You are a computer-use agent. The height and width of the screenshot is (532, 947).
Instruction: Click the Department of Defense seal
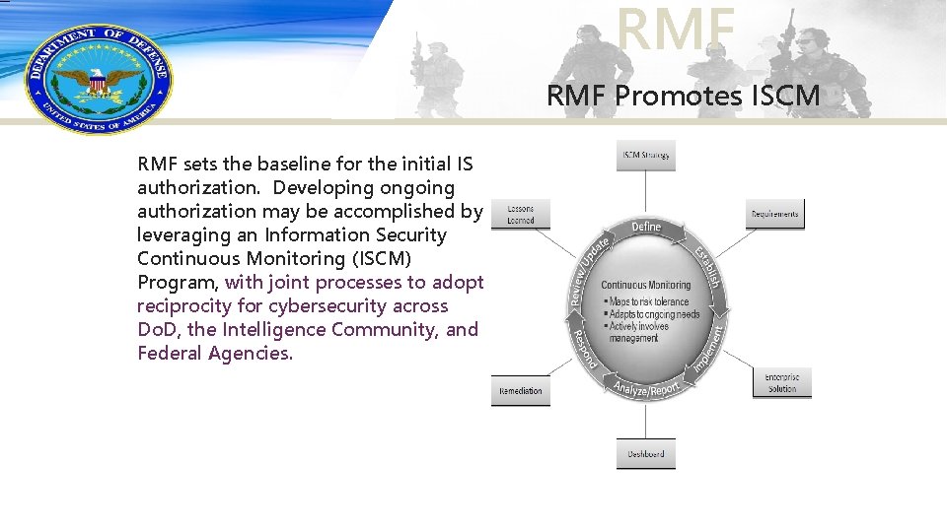click(97, 77)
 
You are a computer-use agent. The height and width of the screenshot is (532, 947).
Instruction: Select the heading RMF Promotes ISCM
click(684, 96)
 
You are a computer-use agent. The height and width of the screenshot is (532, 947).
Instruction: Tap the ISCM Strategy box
click(646, 156)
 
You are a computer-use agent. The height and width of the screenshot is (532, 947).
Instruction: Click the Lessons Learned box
click(520, 215)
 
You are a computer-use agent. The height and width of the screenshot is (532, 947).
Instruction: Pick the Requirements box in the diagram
click(774, 214)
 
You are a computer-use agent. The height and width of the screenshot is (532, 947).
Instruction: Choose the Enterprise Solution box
click(781, 383)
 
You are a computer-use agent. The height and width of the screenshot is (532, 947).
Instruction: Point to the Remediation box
click(520, 391)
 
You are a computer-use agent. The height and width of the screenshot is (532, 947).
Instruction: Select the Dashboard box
click(646, 454)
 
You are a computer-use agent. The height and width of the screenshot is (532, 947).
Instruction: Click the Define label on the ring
click(646, 228)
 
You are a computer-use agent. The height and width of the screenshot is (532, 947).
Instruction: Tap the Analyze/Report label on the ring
click(647, 389)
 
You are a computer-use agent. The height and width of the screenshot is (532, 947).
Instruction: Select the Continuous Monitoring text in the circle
click(646, 286)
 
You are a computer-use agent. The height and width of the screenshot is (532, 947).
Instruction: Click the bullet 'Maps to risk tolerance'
click(649, 301)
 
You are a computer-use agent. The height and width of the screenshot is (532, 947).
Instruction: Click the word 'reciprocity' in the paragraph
click(182, 305)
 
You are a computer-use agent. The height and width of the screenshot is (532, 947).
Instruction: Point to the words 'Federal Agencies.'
click(215, 353)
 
